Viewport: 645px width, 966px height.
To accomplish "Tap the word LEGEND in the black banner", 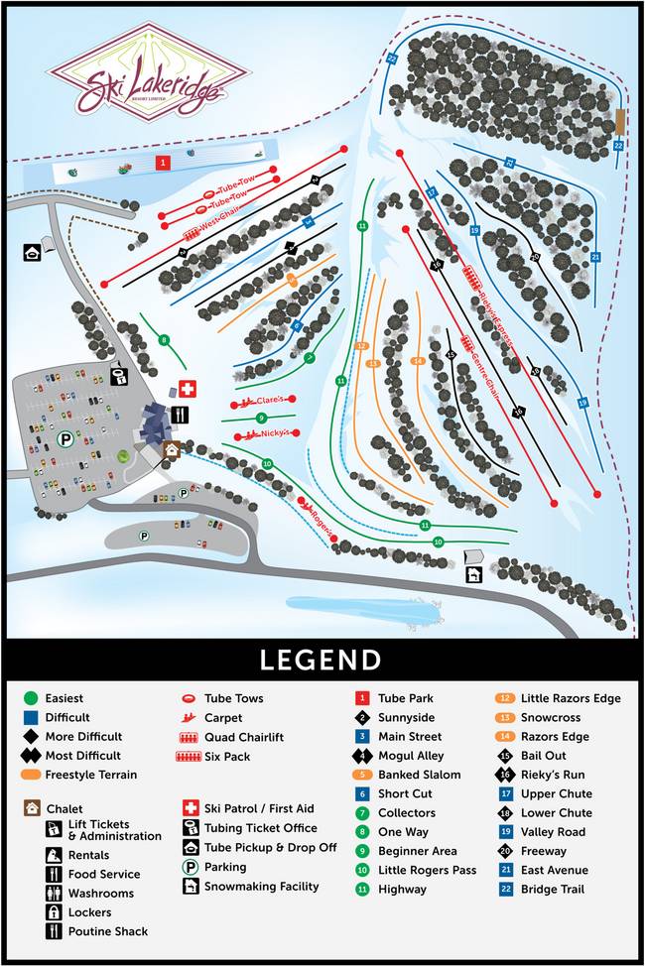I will (321, 661).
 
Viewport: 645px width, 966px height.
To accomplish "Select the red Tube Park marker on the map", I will (162, 162).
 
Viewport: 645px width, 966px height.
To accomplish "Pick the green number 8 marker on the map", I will (165, 341).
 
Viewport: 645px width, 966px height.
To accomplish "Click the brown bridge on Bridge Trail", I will (619, 122).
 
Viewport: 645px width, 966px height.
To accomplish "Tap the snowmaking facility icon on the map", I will (473, 574).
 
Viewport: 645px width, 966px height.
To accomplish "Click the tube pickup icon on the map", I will (32, 252).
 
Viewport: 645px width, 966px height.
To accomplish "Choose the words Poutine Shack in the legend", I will (108, 931).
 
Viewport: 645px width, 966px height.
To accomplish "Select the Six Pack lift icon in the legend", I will (189, 757).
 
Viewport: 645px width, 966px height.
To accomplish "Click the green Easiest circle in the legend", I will (31, 698).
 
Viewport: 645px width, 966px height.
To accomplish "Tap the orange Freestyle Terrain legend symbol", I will (31, 775).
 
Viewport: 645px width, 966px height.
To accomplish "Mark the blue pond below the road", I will (362, 611).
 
